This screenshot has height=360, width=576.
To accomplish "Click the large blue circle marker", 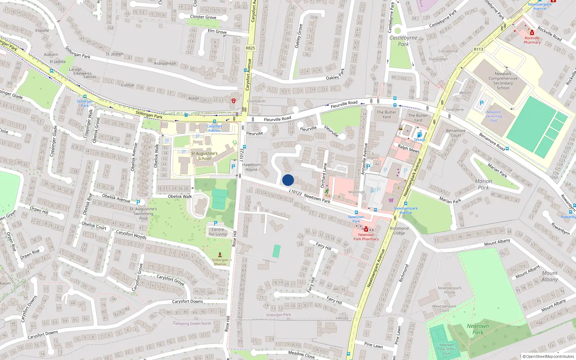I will [x=288, y=180].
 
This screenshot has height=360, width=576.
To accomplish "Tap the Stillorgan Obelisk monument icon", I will [x=220, y=254].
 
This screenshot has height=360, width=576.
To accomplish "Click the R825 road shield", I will [x=250, y=48].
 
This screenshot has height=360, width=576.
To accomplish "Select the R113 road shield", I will [x=478, y=49].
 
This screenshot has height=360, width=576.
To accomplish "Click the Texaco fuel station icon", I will [x=419, y=135].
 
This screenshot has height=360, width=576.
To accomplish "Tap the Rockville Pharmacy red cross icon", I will [x=532, y=33].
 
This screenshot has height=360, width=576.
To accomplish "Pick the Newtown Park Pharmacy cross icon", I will [x=366, y=229].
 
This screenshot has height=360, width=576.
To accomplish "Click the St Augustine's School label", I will [x=204, y=156].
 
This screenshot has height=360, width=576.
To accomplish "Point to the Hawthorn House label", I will [x=251, y=167].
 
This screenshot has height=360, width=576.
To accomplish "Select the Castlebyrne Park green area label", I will [x=403, y=41].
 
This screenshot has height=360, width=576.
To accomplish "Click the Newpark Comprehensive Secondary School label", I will [x=503, y=81].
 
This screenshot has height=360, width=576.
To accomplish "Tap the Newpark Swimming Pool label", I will [x=494, y=116].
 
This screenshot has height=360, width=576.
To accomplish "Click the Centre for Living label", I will [x=218, y=232].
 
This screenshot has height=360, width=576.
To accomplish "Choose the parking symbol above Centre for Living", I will [x=216, y=223].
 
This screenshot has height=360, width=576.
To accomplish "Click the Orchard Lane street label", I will [x=323, y=175].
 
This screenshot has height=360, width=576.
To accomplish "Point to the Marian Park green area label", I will [x=483, y=184].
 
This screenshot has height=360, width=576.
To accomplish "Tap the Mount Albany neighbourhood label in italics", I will [x=549, y=276].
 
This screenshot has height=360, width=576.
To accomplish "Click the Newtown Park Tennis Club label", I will [x=447, y=349].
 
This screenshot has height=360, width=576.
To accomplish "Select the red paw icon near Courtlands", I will [x=234, y=101].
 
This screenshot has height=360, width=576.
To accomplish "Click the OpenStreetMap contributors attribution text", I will [x=548, y=357].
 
